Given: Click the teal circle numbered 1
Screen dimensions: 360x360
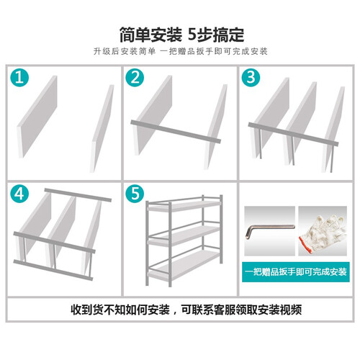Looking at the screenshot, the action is [x=19, y=78].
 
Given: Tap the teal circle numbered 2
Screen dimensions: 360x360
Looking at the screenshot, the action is [x=135, y=78].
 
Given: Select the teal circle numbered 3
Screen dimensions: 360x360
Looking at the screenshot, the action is [x=251, y=78].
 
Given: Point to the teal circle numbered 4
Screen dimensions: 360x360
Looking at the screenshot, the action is [x=19, y=194].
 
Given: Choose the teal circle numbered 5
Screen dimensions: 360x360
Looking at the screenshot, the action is [x=135, y=194].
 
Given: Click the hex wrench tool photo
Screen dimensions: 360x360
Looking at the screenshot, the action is [x=270, y=231].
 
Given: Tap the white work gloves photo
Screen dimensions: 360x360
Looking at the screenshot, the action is [x=323, y=231].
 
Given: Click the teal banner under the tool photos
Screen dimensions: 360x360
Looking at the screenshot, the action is [x=296, y=272].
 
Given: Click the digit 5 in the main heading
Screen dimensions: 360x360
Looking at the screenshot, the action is [x=193, y=35].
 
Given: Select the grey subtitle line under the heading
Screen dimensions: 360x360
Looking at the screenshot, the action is [x=181, y=51].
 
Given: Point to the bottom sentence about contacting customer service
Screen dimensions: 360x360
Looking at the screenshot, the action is [x=186, y=310].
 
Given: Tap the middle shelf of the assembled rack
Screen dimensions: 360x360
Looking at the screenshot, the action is [x=184, y=235].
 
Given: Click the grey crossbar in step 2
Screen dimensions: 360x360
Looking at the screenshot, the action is [x=176, y=132].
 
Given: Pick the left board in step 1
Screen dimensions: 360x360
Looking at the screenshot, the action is [x=37, y=117].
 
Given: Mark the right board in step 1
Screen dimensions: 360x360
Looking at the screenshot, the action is [x=102, y=129].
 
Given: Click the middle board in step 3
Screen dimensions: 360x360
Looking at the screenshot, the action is [x=300, y=123].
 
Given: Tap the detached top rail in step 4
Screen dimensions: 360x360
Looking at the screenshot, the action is [x=78, y=195].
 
